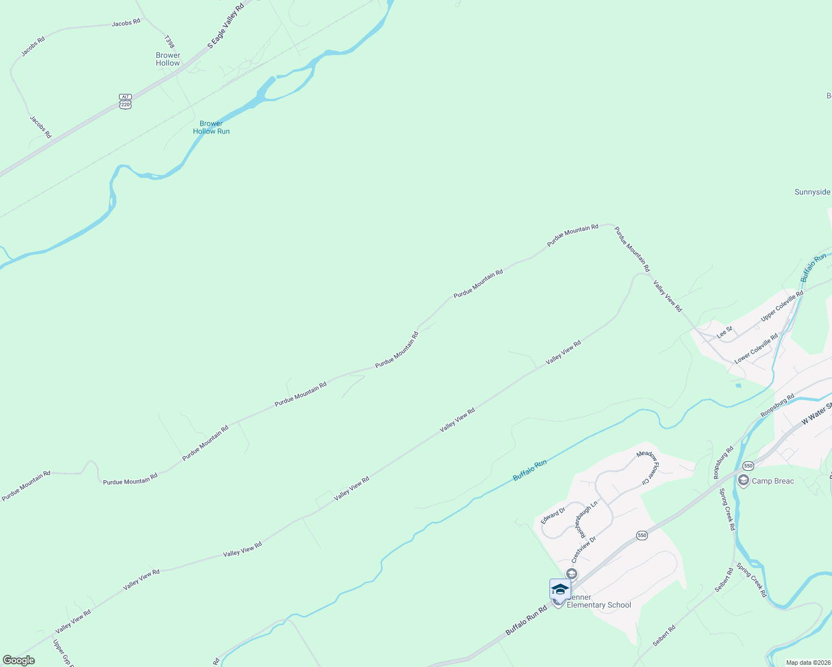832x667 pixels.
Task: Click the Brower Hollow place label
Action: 168,59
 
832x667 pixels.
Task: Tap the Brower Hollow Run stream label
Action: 211,127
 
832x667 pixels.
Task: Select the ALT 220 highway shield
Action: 125,101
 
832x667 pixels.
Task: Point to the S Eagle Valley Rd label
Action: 226,26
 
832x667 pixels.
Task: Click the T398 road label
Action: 170,42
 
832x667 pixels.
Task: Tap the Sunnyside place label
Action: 812,192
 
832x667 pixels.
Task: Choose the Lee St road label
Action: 724,332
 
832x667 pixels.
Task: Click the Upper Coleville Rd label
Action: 782,306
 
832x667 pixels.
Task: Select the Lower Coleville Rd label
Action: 756,349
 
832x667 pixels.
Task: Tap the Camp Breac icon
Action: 743,481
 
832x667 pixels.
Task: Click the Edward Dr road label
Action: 553,515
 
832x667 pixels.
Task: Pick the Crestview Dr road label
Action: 583,549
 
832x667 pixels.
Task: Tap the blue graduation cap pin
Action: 560,589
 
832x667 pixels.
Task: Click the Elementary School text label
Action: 599,605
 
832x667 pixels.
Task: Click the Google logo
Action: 19,660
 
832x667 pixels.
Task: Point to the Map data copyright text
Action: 808,663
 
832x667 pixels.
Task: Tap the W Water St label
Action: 816,414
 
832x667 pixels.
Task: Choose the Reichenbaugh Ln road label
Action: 586,518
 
